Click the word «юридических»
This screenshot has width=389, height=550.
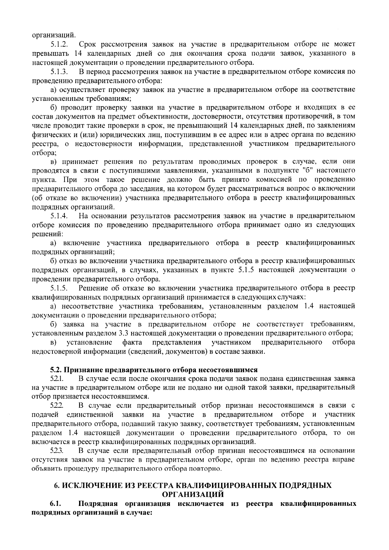pos(106,134)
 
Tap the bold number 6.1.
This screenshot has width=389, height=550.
pos(56,504)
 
